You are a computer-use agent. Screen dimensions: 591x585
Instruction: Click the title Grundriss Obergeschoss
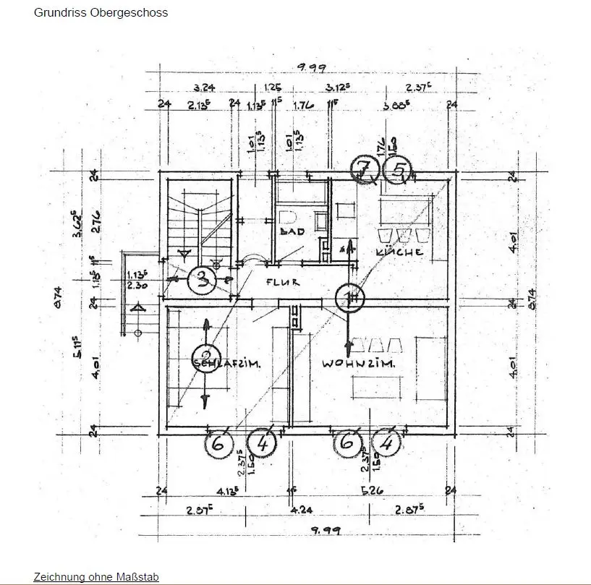tap(101, 12)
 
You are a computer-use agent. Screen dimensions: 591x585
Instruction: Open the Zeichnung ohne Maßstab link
tap(96, 577)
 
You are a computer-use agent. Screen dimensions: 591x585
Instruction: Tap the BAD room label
tap(292, 231)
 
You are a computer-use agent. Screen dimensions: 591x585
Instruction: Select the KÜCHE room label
tap(399, 252)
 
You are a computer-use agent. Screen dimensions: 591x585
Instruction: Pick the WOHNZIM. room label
tap(359, 364)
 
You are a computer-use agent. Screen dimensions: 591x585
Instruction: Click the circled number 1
tap(351, 296)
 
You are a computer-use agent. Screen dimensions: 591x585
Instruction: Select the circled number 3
tap(202, 279)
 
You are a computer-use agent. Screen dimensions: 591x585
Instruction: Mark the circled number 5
tap(397, 170)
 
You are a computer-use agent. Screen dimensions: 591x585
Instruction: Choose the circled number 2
tap(205, 356)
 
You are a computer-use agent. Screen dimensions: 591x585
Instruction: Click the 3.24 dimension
tap(205, 87)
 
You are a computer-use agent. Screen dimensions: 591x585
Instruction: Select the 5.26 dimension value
tap(372, 491)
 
